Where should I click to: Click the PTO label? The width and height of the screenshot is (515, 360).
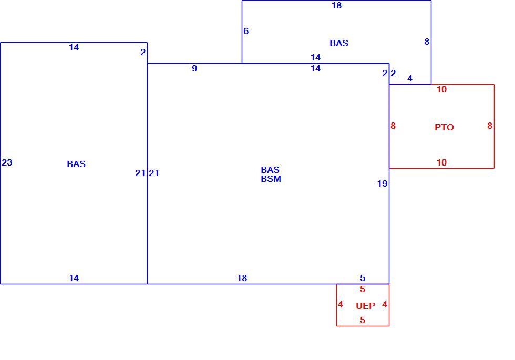tap(444, 127)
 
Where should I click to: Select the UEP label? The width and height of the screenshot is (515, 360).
tap(365, 306)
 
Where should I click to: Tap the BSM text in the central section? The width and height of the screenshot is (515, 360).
tap(271, 179)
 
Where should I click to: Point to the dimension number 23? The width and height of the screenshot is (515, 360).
tap(7, 162)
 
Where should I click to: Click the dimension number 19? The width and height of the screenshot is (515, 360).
tap(383, 183)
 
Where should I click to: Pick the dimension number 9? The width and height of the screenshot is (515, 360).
tap(194, 68)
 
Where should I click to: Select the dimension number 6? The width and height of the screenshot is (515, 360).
tap(246, 31)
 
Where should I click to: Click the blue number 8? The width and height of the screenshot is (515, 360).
tap(427, 42)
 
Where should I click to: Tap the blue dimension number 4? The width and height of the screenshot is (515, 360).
tap(409, 78)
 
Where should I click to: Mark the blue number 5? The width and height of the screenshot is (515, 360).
tap(363, 278)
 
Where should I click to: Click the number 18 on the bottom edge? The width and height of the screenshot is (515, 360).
tap(242, 278)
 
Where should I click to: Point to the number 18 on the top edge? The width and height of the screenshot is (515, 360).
tap(337, 5)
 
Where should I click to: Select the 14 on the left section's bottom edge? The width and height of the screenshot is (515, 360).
tap(74, 278)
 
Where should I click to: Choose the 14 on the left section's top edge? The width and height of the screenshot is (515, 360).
tap(74, 47)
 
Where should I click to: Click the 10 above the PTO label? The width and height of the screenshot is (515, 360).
tap(442, 89)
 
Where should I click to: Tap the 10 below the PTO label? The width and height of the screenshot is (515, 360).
tap(442, 162)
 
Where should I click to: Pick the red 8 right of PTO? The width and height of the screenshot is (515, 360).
tap(490, 126)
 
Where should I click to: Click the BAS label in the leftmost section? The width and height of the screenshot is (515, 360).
tap(76, 164)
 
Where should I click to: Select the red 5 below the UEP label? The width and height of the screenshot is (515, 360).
tap(363, 320)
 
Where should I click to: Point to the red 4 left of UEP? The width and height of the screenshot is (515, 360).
tap(341, 304)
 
